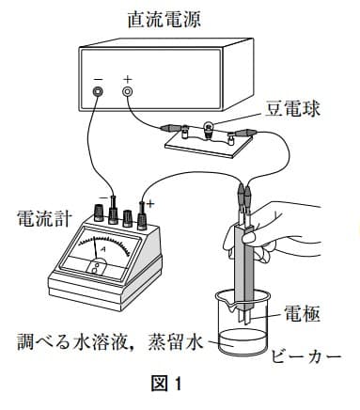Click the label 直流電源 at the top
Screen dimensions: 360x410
click(x=164, y=19)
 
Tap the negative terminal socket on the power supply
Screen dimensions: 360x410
click(x=98, y=91)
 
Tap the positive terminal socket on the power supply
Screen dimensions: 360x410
click(x=127, y=91)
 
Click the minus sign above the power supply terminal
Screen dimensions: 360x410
click(x=98, y=79)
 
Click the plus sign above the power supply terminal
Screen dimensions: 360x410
click(x=127, y=79)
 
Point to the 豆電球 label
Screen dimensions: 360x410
click(x=292, y=109)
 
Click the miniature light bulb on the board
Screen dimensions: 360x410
click(x=209, y=129)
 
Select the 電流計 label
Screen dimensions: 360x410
click(x=44, y=218)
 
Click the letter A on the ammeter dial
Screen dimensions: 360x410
click(x=102, y=249)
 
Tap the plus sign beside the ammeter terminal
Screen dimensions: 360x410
click(x=150, y=204)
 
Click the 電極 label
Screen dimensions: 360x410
click(x=302, y=313)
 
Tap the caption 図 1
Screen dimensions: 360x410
click(x=166, y=384)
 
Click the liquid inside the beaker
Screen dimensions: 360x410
click(x=243, y=341)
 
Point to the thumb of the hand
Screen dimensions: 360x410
click(x=256, y=237)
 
